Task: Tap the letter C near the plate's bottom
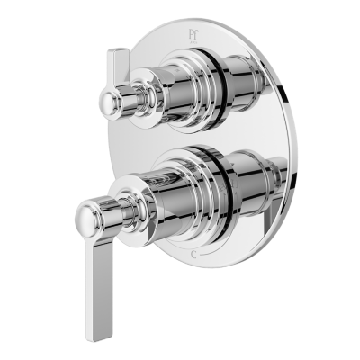pyautogui.click(x=196, y=255)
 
